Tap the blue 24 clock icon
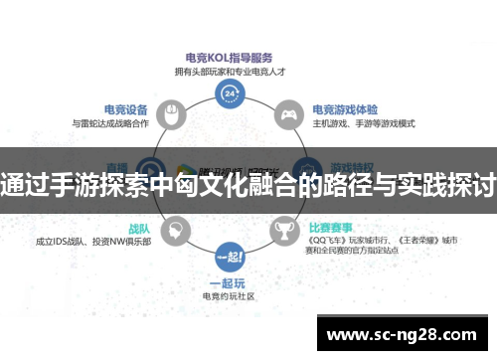[231, 94]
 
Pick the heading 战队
[139, 227]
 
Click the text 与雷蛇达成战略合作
[111, 123]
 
